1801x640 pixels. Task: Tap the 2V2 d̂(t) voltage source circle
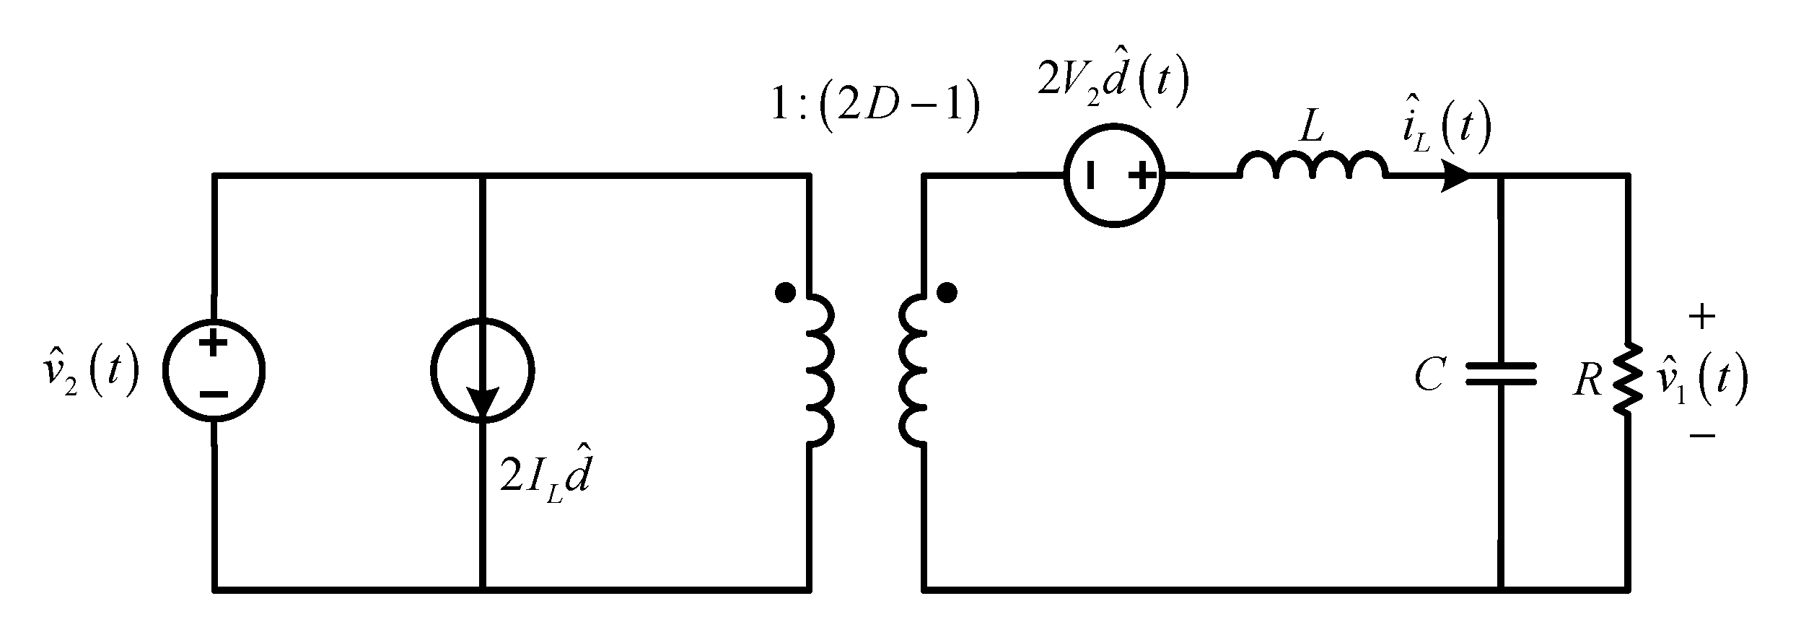(1115, 175)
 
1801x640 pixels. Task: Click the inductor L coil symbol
(1312, 166)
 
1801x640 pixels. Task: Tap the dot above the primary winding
(785, 293)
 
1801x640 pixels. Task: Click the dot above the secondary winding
(948, 293)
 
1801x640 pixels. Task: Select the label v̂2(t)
(88, 373)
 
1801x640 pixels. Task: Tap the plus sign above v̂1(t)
(1702, 317)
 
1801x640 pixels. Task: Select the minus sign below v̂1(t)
(1702, 435)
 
